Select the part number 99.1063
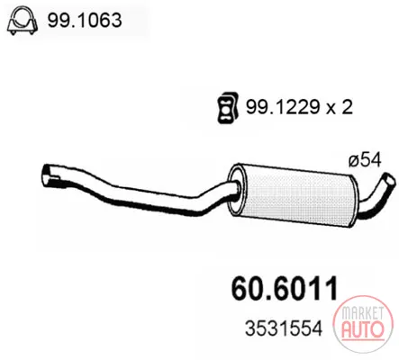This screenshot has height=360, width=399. tap(85, 21)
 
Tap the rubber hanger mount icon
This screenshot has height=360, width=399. tap(227, 107)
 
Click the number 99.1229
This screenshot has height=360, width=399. tap(283, 107)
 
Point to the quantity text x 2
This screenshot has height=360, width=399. tap(340, 107)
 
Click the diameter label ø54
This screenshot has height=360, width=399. tap(365, 160)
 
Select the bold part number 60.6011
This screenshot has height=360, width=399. tap(285, 289)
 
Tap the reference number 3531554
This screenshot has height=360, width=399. tap(284, 328)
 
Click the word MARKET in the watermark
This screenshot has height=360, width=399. tap(363, 313)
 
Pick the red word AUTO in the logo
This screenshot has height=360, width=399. tap(363, 329)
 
